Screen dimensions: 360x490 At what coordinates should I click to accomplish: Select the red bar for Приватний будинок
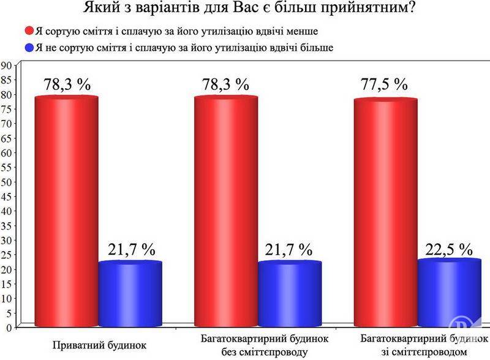tap(66, 208)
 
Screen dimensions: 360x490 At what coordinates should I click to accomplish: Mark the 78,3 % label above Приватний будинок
tap(66, 84)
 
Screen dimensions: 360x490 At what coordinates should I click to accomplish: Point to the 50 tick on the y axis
tap(7, 182)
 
